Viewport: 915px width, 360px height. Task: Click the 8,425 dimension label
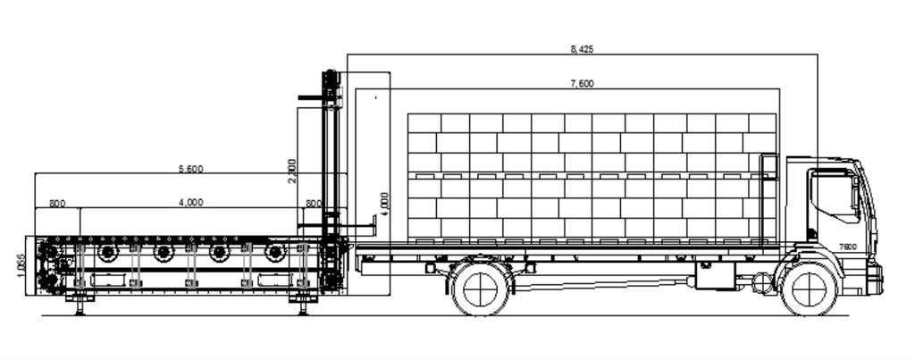582,50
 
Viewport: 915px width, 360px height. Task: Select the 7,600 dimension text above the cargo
582,84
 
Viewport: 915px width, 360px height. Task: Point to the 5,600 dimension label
191,169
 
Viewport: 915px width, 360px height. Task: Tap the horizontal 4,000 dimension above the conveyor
191,203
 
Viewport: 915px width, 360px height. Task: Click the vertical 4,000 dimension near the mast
384,205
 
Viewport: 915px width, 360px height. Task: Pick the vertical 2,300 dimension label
292,171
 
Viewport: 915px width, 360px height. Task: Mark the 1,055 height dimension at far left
21,265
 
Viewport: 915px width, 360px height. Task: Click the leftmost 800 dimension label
57,204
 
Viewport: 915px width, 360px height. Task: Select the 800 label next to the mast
314,204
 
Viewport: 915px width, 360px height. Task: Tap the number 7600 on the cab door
848,247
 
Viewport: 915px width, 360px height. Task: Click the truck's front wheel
809,289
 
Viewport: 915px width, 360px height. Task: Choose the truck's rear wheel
480,289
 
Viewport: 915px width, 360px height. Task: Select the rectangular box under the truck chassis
716,275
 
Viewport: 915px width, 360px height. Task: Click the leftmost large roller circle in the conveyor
108,253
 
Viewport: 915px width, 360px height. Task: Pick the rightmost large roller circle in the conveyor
275,253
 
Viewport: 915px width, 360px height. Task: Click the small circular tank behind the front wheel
762,284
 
